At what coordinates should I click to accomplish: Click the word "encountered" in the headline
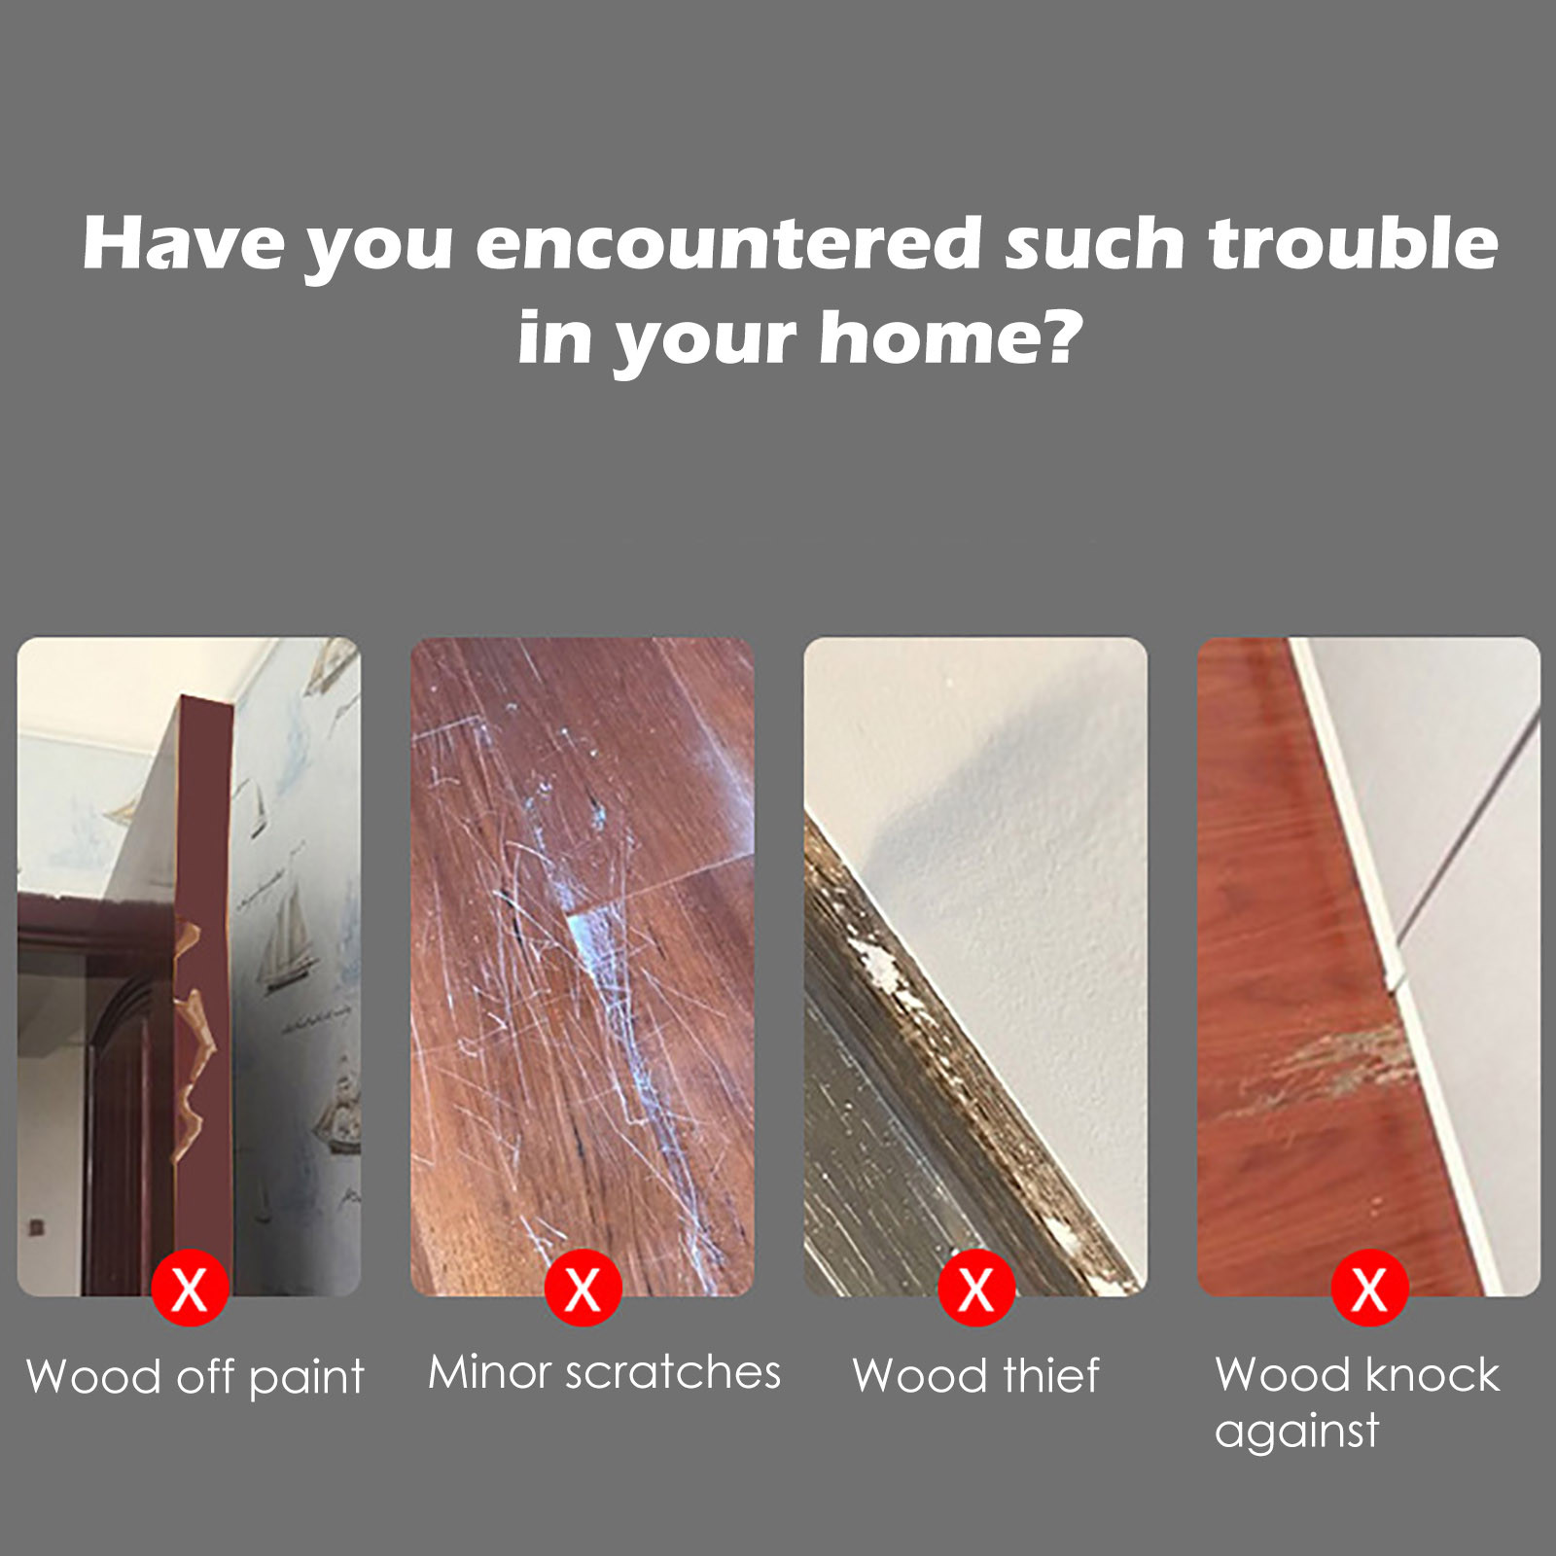(x=729, y=243)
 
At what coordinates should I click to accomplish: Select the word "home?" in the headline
(x=951, y=336)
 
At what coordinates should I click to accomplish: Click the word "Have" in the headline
(x=184, y=243)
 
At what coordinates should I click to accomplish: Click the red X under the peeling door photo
(x=190, y=1289)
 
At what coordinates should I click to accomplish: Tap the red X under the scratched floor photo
(x=583, y=1289)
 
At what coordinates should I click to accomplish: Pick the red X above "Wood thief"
(x=976, y=1289)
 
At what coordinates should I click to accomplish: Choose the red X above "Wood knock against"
(x=1369, y=1289)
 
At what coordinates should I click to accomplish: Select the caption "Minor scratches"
(x=604, y=1372)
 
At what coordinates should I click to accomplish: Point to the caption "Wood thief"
(x=976, y=1375)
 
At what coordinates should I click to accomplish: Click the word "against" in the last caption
(x=1296, y=1432)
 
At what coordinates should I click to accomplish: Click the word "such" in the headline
(x=1095, y=243)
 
